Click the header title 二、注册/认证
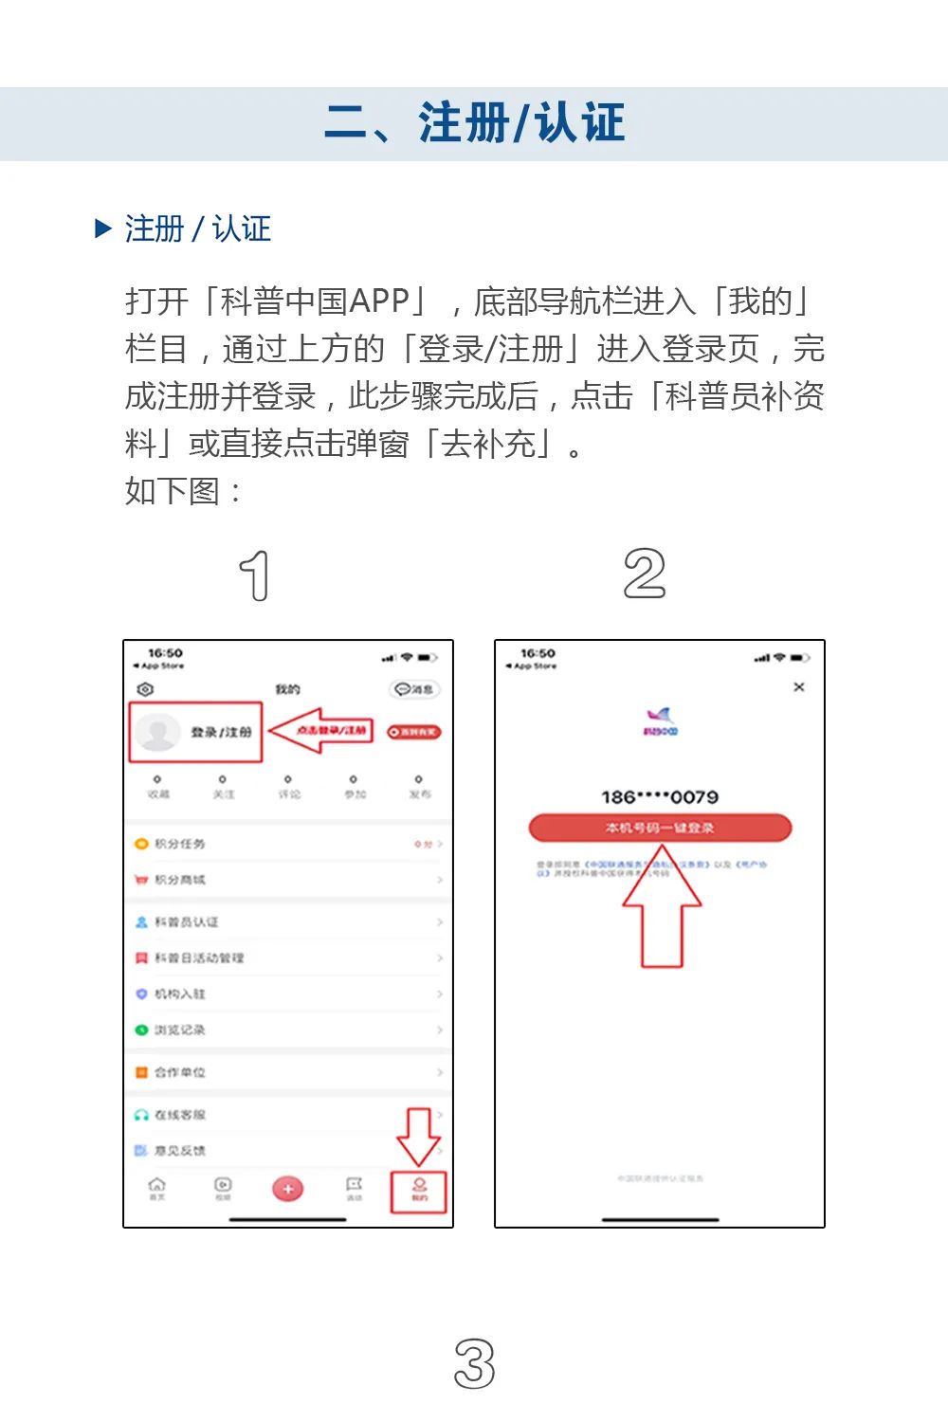coord(474,123)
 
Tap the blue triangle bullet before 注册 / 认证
coord(103,228)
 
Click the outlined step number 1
coord(255,575)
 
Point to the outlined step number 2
coord(645,574)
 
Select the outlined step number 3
coord(474,1364)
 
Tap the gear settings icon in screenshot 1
coord(145,689)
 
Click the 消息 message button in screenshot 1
coord(414,689)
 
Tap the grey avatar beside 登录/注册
coord(157,732)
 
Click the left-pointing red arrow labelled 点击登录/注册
coord(320,731)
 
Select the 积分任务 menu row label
coord(180,844)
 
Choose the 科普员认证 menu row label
coord(187,921)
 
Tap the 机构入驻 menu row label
coord(180,994)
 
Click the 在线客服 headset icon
coord(141,1115)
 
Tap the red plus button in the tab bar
coord(288,1189)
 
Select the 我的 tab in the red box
coord(419,1191)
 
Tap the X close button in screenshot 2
coord(799,686)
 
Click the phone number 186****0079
coord(660,797)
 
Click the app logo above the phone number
coord(660,720)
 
